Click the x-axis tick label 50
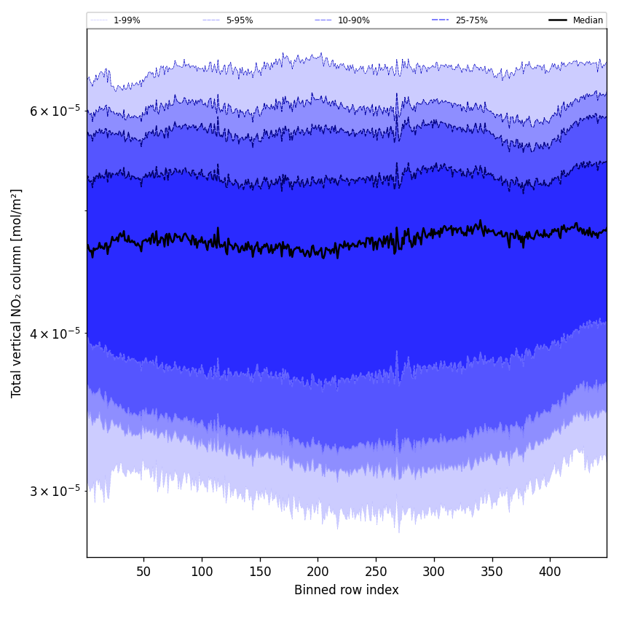143,572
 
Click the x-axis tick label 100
202,572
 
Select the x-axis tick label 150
260,572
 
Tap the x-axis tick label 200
318,572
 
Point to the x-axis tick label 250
376,572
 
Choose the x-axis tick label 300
434,572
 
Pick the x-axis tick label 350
492,572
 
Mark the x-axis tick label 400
550,572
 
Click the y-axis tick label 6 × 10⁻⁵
55,111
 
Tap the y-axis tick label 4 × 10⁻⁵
55,333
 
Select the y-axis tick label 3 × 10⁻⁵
55,490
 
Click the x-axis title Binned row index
347,590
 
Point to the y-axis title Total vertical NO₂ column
17,293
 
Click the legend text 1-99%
127,20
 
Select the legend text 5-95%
240,20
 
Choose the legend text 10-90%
353,20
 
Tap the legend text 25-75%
471,20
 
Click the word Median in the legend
588,20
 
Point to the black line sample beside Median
558,20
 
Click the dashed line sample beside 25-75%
441,20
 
